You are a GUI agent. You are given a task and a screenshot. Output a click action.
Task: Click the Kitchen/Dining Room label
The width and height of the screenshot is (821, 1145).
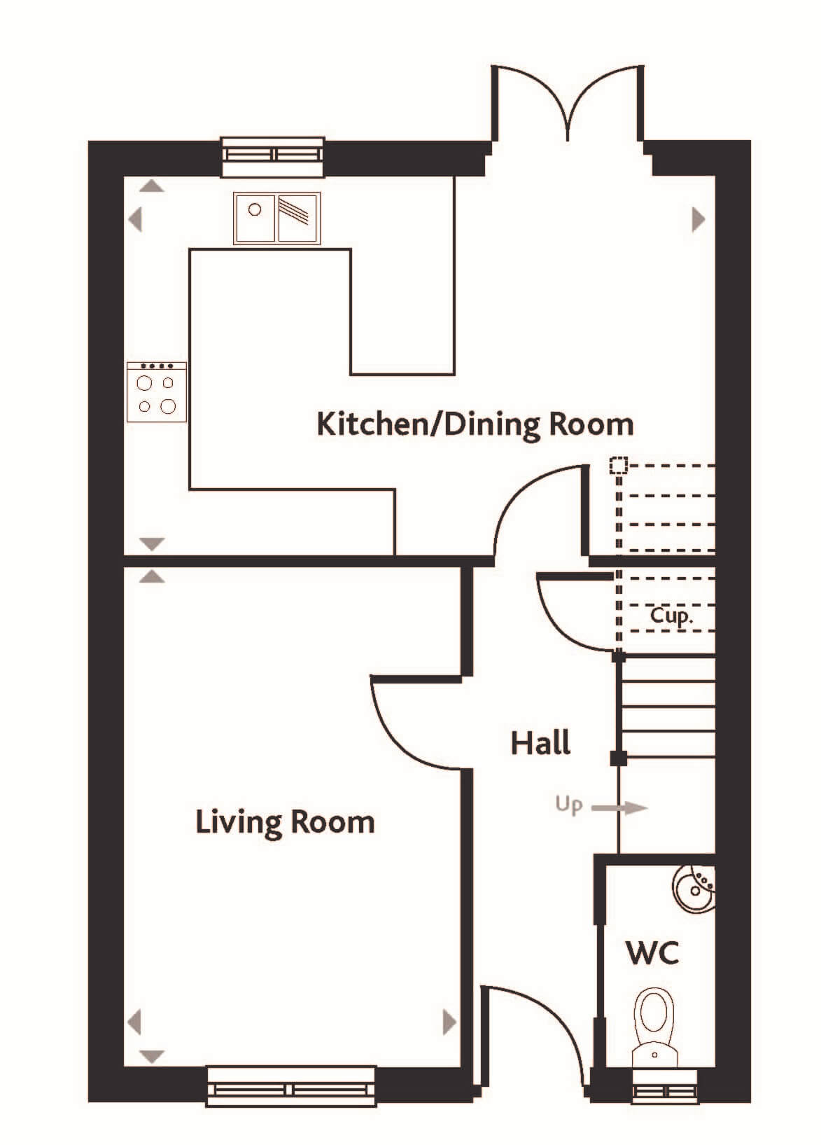pos(475,425)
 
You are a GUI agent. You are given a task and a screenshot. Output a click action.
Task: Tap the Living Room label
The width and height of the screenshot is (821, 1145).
pos(285,823)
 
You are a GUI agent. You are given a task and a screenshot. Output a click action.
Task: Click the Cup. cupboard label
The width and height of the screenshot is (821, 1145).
pos(671,617)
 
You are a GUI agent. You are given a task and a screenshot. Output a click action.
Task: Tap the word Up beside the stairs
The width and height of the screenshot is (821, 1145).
pos(568,805)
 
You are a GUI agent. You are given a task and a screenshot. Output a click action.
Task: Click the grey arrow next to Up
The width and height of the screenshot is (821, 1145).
pos(619,807)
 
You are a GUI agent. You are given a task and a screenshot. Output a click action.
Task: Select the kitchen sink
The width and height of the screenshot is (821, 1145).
pos(277,218)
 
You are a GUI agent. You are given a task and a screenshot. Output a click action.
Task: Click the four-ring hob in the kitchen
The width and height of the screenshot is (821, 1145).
pos(156,392)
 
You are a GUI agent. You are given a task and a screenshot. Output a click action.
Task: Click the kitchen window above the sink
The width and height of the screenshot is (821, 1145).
pos(273,156)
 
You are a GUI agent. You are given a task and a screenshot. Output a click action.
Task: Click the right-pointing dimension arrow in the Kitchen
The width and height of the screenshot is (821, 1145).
pos(699,220)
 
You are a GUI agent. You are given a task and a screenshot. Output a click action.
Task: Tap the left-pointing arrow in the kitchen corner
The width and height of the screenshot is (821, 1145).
pos(135,220)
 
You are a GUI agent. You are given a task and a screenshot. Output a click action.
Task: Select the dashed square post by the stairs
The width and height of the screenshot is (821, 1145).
pos(618,465)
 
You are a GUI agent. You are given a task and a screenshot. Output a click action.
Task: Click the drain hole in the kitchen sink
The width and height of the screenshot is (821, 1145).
pos(255,209)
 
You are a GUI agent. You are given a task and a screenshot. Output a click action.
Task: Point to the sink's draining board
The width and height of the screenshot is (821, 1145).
pos(297,218)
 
